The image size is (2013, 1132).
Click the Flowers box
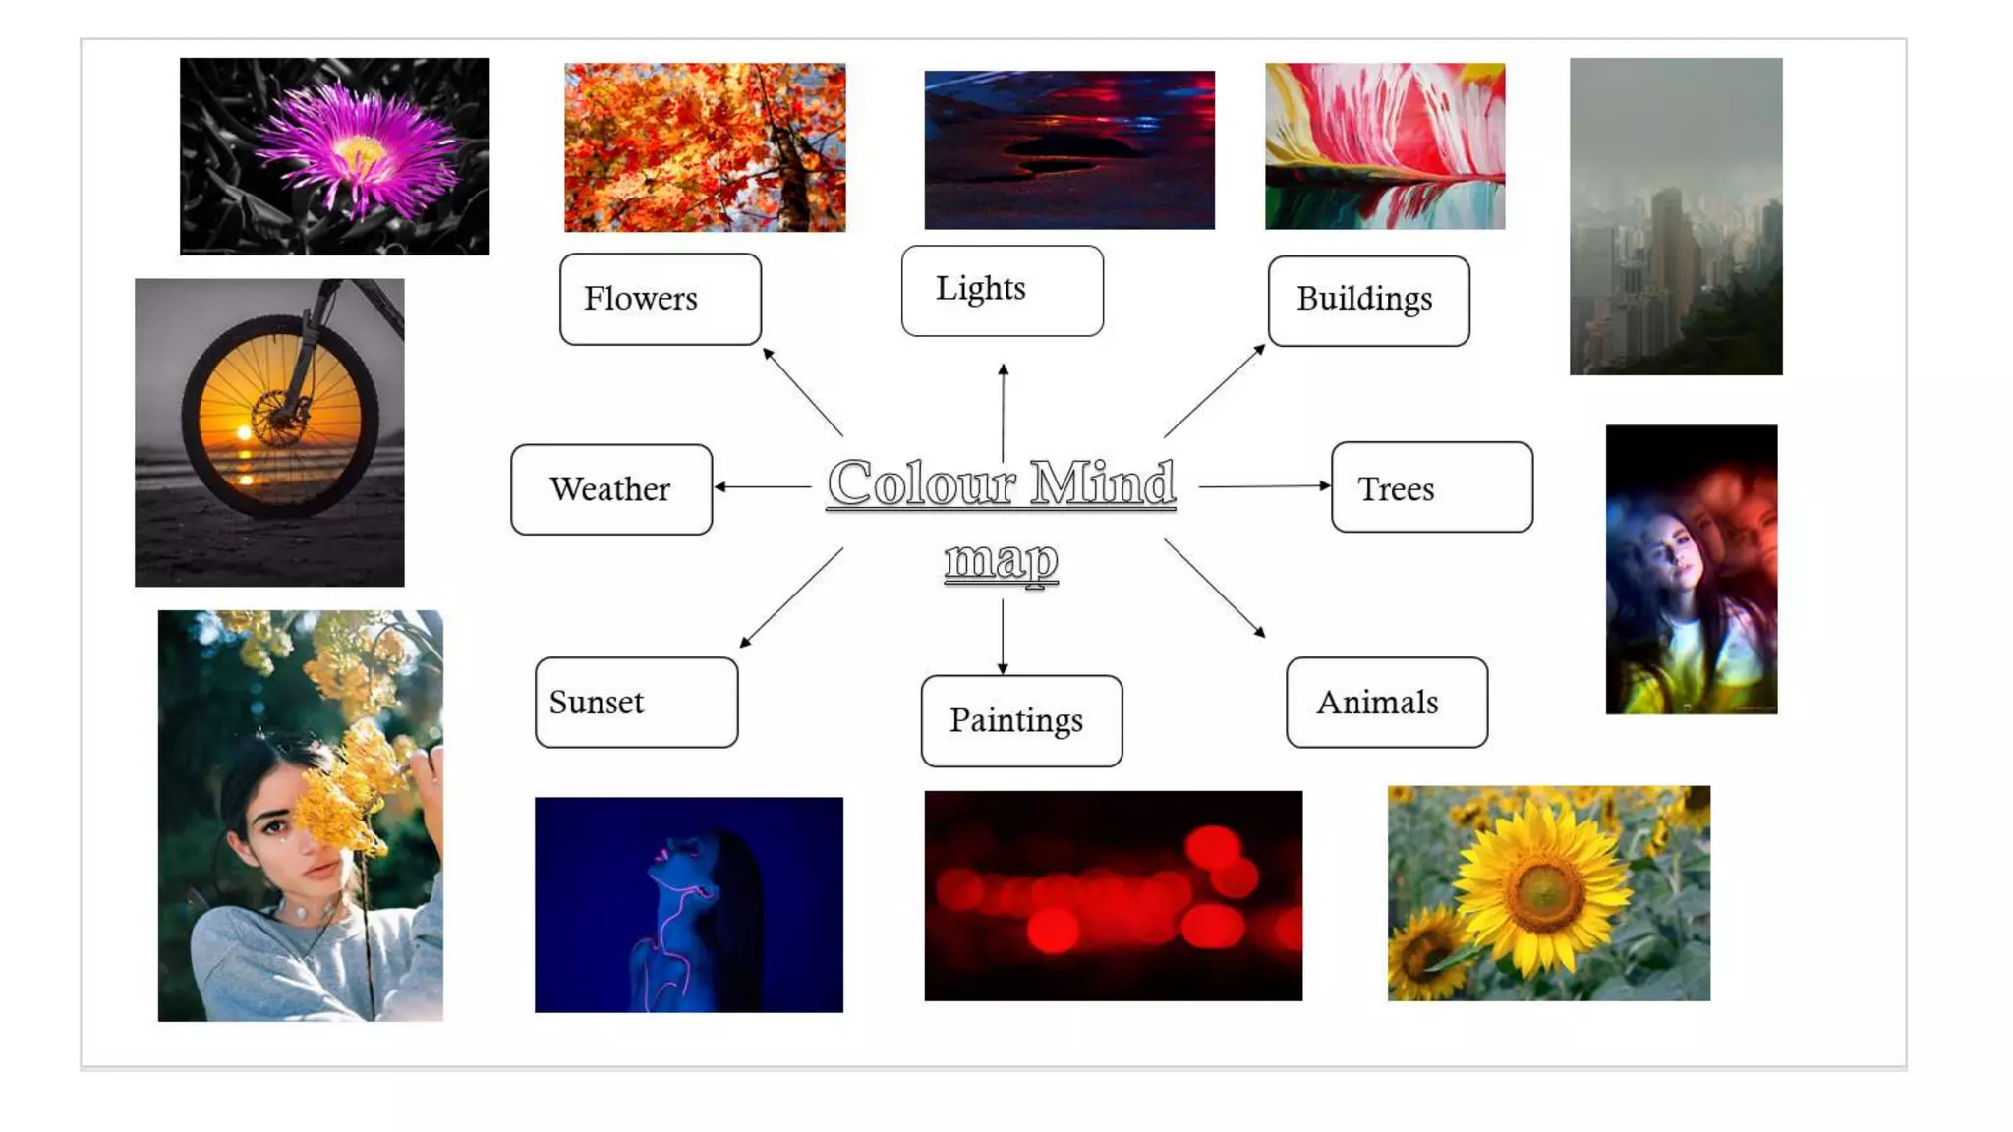(660, 299)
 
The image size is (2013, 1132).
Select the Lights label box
(1002, 290)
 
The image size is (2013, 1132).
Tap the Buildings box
(1368, 301)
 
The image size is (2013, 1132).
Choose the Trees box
(1431, 487)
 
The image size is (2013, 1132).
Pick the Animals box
(1386, 703)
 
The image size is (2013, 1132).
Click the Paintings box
(1021, 720)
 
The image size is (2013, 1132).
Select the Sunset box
(636, 703)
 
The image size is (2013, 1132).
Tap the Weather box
(611, 489)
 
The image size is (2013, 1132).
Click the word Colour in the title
(920, 483)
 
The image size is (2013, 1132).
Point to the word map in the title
(1001, 560)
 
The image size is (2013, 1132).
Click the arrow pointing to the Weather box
(763, 486)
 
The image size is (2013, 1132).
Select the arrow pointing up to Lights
(1003, 412)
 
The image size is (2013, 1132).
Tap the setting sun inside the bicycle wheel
(245, 432)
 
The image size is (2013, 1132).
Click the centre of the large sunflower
(1543, 890)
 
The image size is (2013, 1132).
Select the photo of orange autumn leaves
(705, 147)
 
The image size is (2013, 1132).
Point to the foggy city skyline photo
(1675, 216)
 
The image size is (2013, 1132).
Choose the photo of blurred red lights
(1113, 895)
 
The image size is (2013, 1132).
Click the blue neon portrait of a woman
(688, 904)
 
